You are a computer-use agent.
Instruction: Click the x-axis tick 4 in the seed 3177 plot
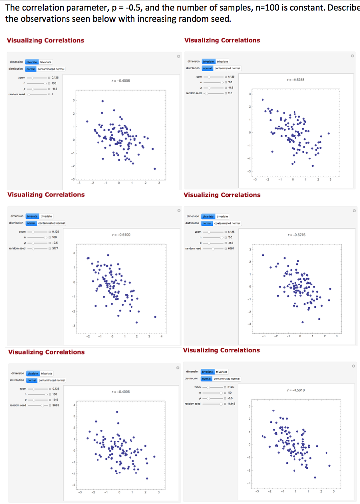pyautogui.click(x=162, y=337)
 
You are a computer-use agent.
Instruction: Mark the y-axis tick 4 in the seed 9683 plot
pyautogui.click(x=74, y=405)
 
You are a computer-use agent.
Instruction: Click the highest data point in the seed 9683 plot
pyautogui.click(x=117, y=412)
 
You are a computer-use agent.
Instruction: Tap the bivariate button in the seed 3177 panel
pyautogui.click(x=33, y=216)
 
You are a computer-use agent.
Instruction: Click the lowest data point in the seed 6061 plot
pyautogui.click(x=302, y=322)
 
